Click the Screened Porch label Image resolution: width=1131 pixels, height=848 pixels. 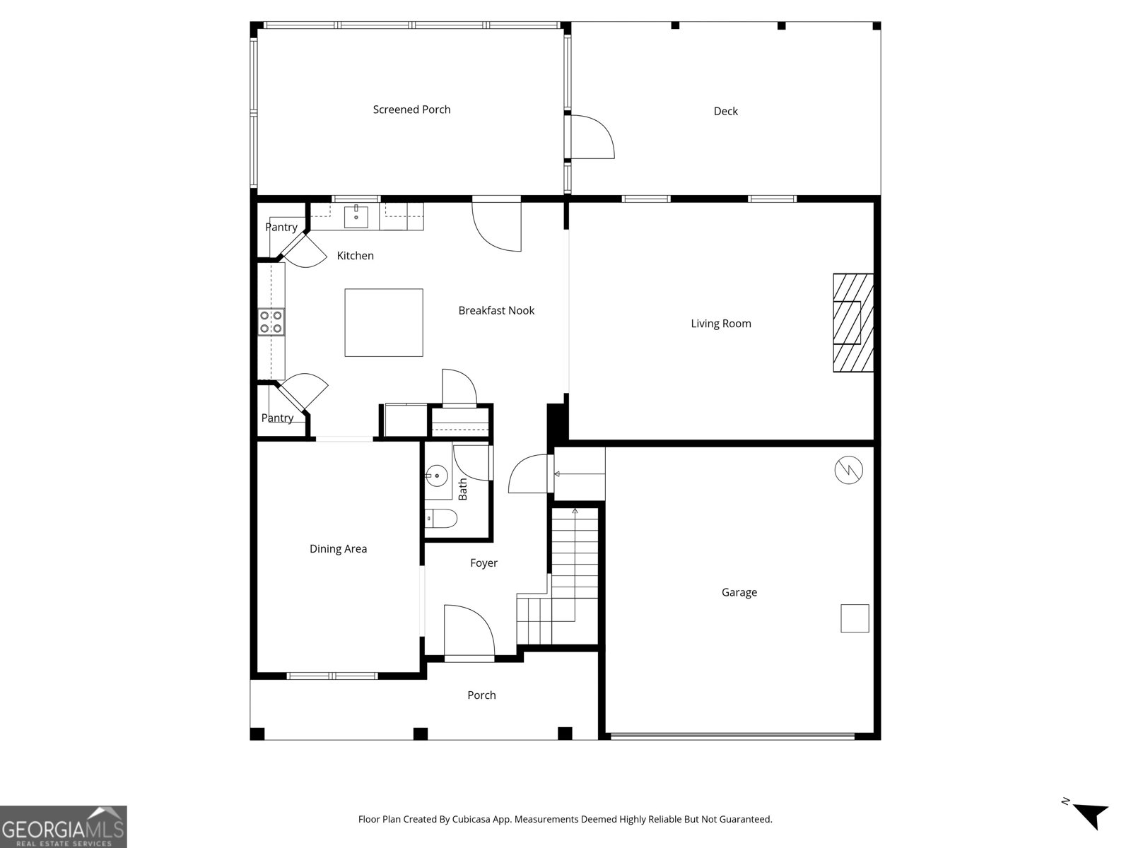[x=411, y=110]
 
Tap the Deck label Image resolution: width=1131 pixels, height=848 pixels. [x=725, y=111]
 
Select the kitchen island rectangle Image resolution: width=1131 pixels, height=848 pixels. [x=384, y=322]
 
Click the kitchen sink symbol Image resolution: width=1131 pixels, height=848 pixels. [x=357, y=217]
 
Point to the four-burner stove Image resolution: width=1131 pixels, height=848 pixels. [x=271, y=322]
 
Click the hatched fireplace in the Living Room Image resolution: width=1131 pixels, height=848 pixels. [x=853, y=323]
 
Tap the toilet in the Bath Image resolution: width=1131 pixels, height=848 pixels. [x=442, y=519]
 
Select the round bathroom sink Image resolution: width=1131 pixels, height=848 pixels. [x=438, y=476]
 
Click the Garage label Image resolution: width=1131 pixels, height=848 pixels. [x=739, y=592]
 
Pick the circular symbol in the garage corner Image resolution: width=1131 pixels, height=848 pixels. [x=848, y=470]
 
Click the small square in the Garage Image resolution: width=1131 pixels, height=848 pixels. [x=855, y=618]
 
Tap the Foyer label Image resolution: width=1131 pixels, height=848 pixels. [x=484, y=563]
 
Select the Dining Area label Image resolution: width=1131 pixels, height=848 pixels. [x=338, y=549]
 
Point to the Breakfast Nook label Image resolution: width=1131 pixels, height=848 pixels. [x=496, y=310]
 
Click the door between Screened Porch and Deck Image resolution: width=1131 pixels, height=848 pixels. [x=591, y=136]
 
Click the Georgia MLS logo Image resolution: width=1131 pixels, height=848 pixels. [x=64, y=827]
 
